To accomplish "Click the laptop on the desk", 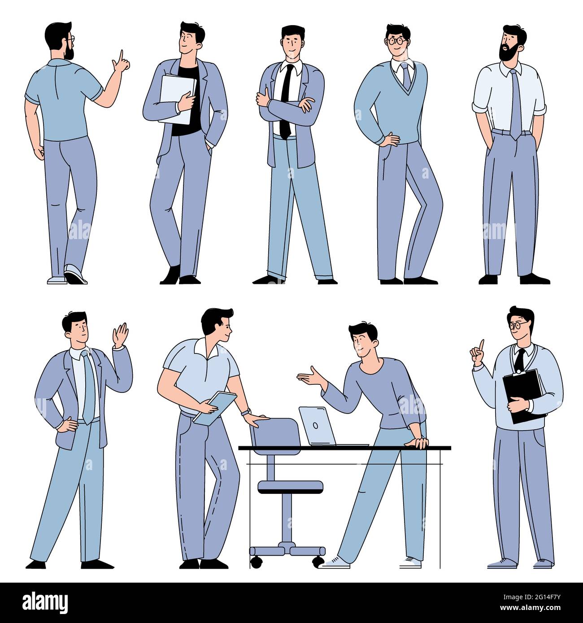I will tap(317, 426).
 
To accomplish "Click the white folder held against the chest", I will tap(177, 99).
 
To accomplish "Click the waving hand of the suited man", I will tap(120, 335).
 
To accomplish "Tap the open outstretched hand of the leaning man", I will tap(308, 375).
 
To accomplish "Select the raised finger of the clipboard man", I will tap(481, 345).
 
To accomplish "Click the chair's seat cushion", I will tap(290, 486).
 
